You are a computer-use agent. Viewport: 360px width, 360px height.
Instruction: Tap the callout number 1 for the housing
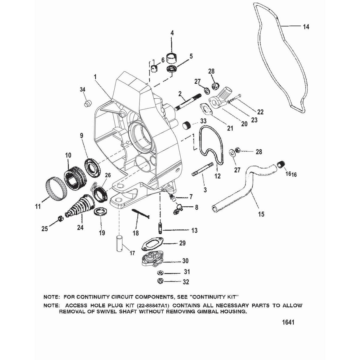point(95,77)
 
